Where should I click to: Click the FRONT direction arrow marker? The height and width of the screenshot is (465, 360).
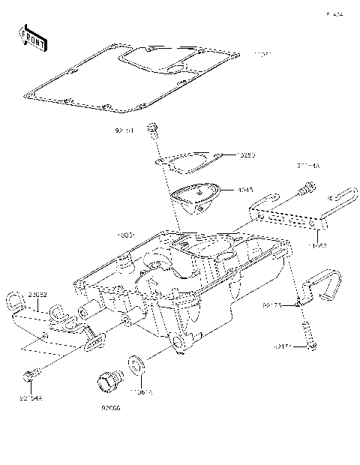coord(34,37)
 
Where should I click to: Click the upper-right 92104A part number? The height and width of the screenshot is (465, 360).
coord(307,165)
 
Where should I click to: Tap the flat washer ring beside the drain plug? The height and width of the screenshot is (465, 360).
coord(137,364)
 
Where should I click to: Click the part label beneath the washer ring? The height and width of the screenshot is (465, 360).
coord(142,391)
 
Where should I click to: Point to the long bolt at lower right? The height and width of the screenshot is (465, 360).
coord(308,331)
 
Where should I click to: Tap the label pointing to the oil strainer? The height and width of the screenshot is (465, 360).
coord(246,190)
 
